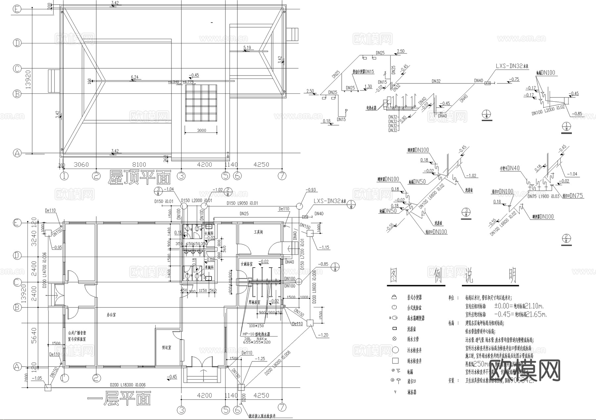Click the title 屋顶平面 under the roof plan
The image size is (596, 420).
(139, 178)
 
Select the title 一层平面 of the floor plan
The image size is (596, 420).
(120, 398)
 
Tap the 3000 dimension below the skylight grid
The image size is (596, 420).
(201, 130)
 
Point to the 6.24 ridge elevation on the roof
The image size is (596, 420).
(134, 77)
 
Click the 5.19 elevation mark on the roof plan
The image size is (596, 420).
(247, 48)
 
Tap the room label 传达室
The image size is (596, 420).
(166, 348)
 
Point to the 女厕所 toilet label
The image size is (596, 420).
(209, 234)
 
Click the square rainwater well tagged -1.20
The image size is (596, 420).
(310, 323)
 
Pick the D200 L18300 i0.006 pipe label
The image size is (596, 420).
(128, 385)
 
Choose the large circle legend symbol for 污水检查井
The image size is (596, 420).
(395, 350)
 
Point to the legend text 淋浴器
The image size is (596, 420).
(412, 392)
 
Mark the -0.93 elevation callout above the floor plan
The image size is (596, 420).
(311, 190)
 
